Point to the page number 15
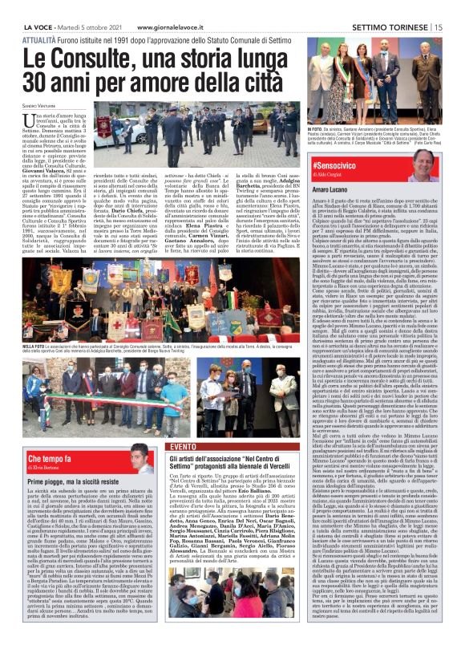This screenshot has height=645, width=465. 439,26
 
